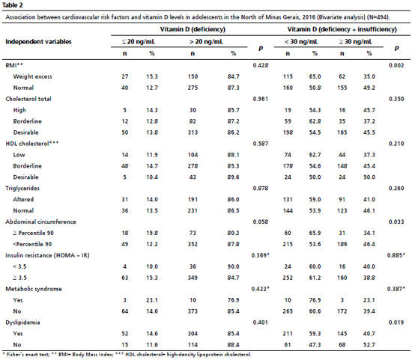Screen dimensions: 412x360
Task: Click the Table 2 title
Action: pos(12,4)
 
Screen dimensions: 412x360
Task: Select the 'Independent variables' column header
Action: pos(38,41)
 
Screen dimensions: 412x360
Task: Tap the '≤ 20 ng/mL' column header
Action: pos(139,41)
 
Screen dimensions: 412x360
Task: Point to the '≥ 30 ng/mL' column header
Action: pos(355,41)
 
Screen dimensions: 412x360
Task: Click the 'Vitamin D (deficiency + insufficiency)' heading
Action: pos(342,29)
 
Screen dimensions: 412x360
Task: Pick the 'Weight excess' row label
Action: pos(32,76)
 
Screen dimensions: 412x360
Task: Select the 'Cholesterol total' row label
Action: pos(28,99)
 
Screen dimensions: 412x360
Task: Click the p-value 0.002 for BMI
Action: pos(396,65)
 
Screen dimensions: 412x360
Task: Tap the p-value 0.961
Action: pos(261,99)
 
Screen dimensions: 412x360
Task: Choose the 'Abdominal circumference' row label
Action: pos(40,222)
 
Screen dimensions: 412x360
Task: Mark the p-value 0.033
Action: pos(396,222)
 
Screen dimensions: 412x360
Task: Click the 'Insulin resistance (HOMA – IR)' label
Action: pos(47,255)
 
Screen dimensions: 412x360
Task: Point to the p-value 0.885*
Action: pos(396,255)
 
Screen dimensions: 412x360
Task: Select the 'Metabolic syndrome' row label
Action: pos(34,289)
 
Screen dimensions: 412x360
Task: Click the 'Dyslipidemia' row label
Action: pos(22,322)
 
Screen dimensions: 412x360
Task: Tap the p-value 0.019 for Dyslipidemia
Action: pos(396,322)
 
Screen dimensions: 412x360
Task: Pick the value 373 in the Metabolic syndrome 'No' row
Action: pos(193,311)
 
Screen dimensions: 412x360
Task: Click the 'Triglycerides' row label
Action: pos(22,188)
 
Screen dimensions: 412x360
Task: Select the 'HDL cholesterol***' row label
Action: pos(31,144)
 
